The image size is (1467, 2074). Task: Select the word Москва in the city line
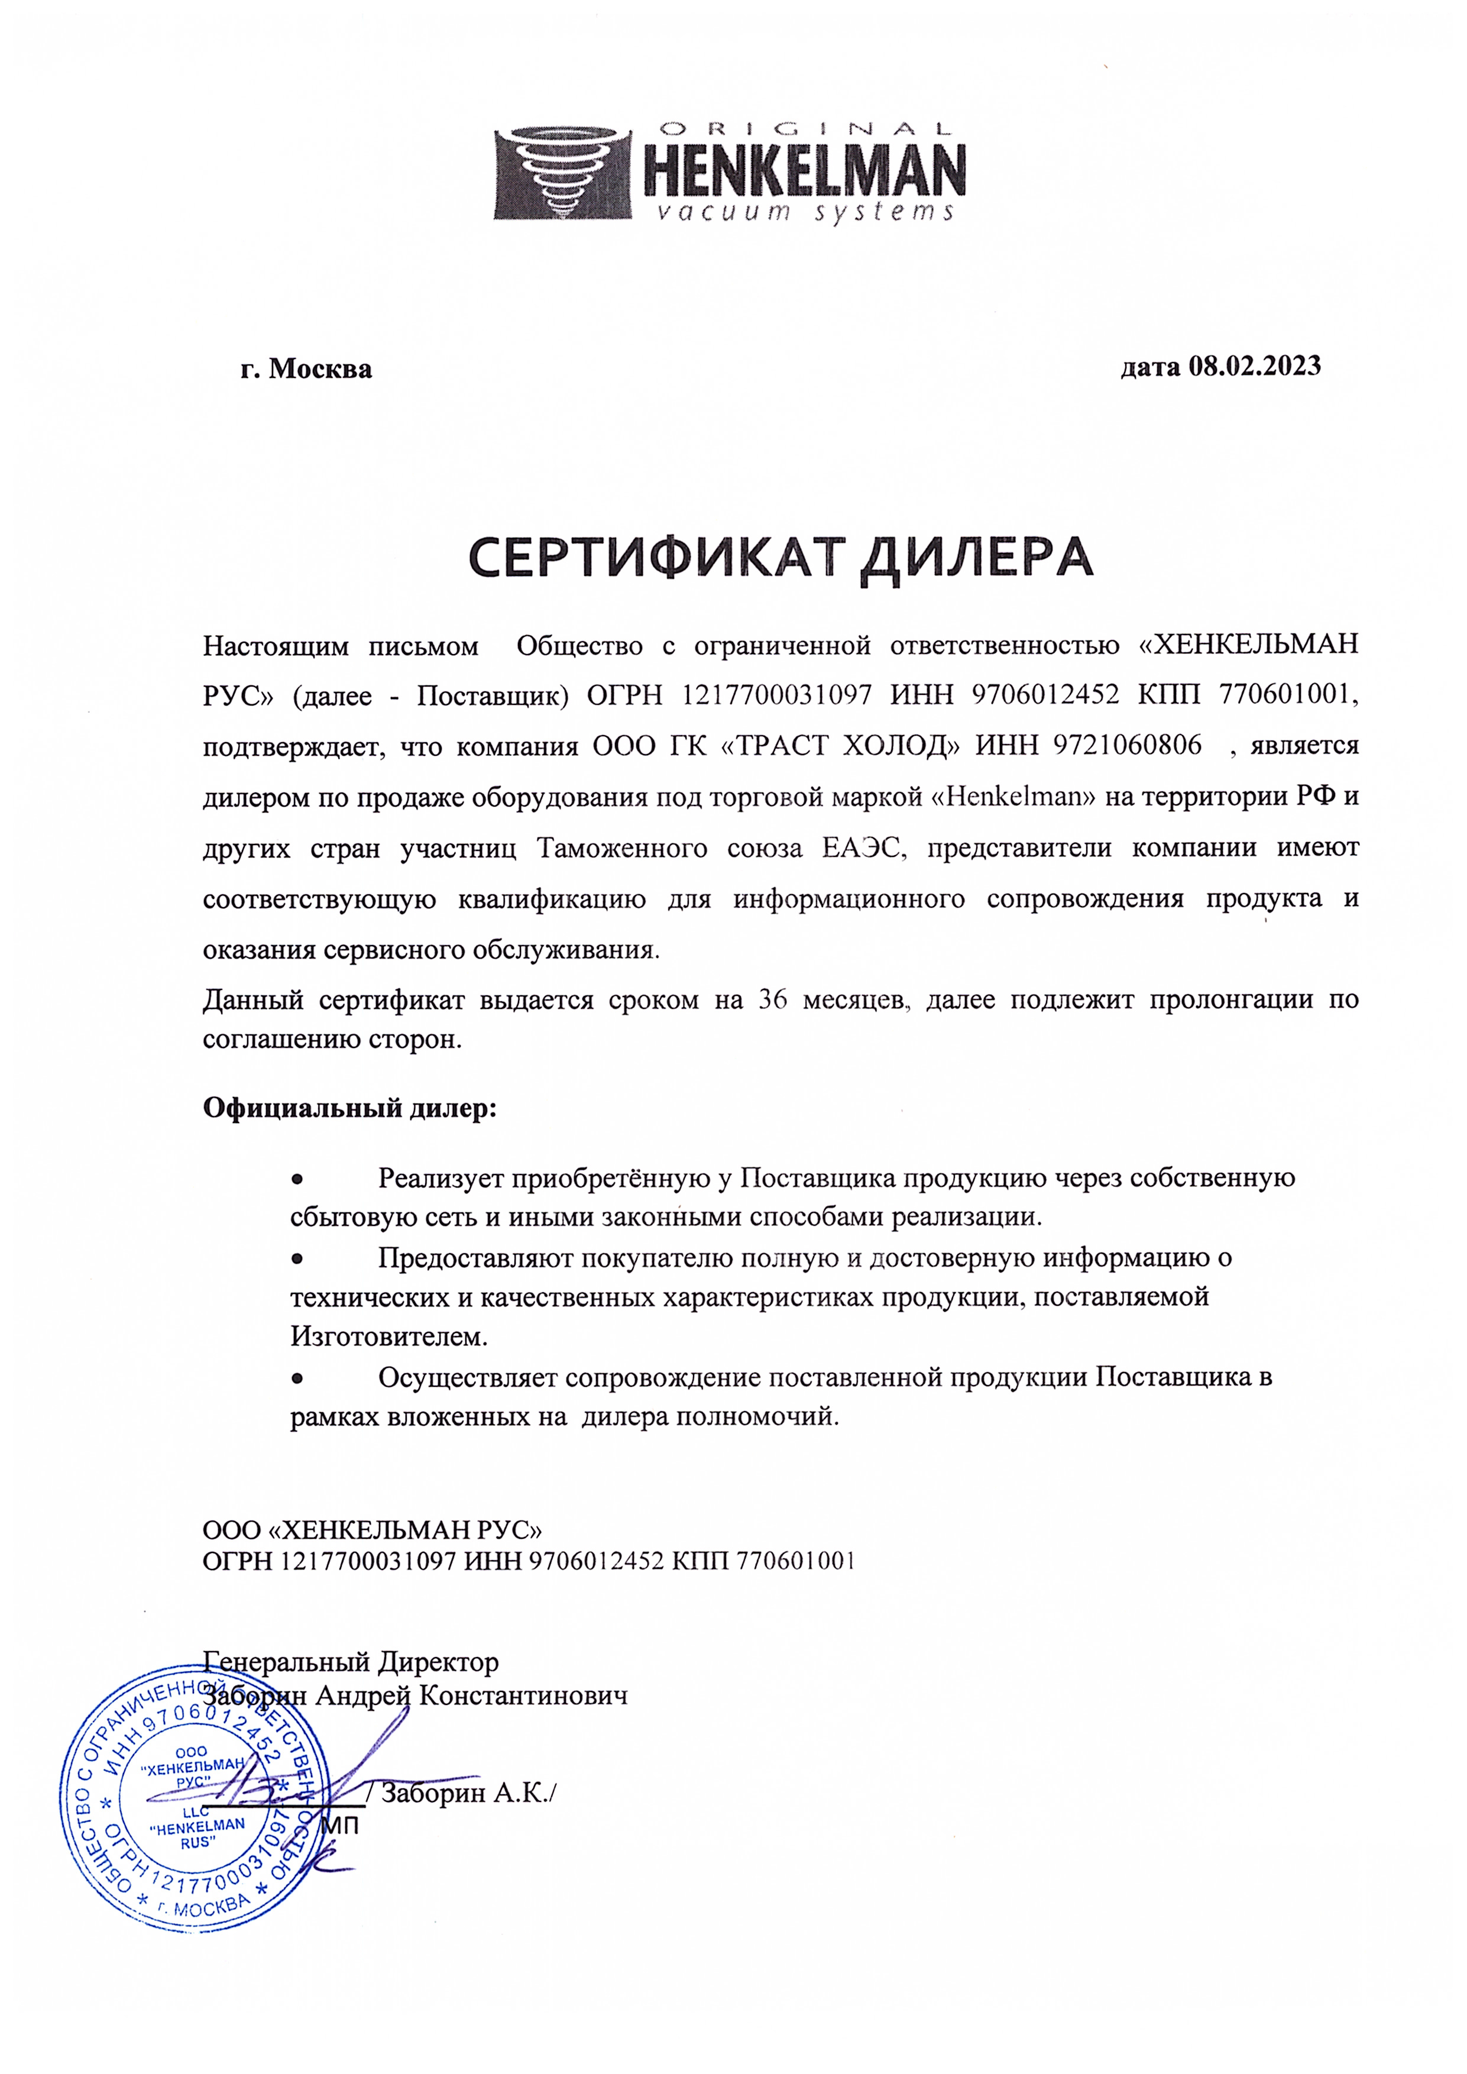pyautogui.click(x=320, y=370)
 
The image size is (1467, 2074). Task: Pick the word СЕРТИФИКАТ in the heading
pyautogui.click(x=657, y=558)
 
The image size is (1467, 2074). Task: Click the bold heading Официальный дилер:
pyautogui.click(x=349, y=1108)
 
